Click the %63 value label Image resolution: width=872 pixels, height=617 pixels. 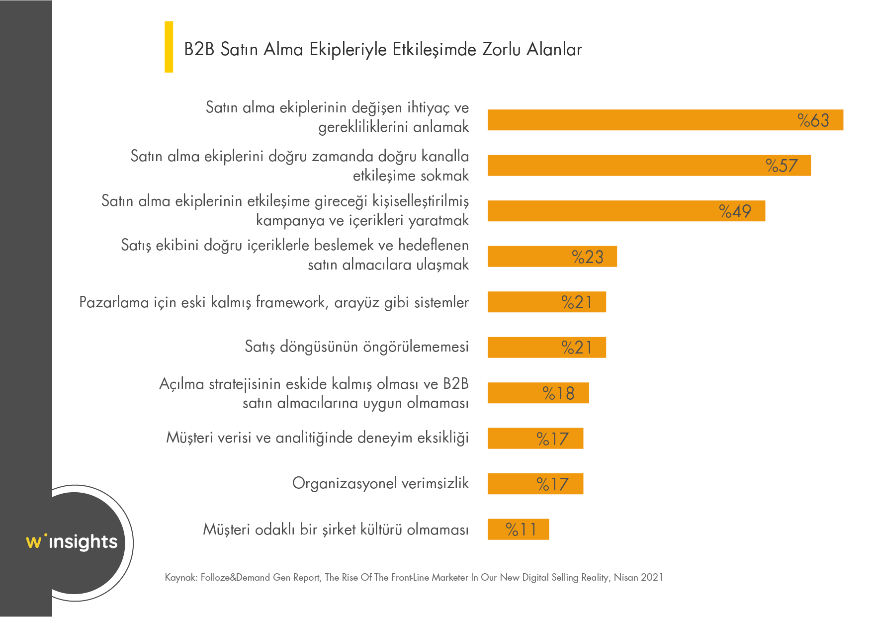pos(813,120)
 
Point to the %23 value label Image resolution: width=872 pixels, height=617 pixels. pos(588,257)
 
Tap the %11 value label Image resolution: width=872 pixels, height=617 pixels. pos(521,529)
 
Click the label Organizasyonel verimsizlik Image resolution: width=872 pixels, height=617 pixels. pos(380,483)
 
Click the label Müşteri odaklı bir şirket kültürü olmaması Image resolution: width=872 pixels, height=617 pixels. pos(336,529)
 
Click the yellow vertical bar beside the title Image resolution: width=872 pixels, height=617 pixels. pos(169,47)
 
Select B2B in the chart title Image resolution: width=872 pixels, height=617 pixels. pos(199,50)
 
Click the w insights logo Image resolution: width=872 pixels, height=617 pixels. pos(72,541)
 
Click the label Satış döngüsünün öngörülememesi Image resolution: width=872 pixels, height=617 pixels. pos(356,347)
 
